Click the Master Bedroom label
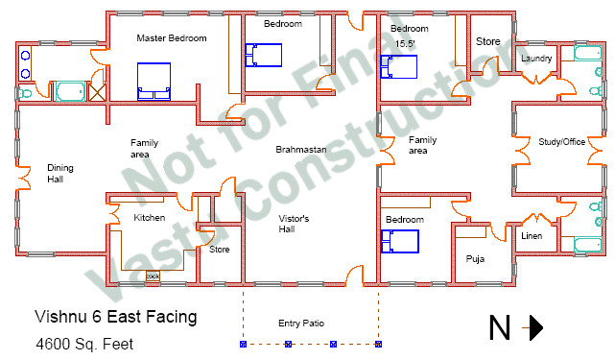coord(172,38)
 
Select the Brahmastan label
coord(298,150)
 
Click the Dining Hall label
coord(60,174)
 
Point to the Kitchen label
coord(150,218)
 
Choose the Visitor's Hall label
coord(293,224)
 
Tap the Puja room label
coord(476,258)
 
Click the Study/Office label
coord(561,141)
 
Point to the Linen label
coord(532,235)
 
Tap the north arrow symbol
coord(533,328)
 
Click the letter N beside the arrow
coord(500,328)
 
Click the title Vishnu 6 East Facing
coord(116,316)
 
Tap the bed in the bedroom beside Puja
coord(402,240)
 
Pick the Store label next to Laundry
coord(488,41)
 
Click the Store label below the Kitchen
coord(220,250)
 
